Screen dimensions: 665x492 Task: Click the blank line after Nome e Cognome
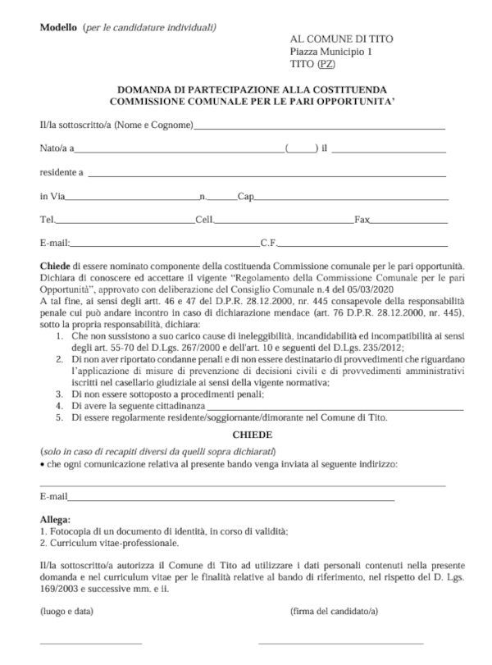[320, 128]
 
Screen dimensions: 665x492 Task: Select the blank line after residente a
[266, 174]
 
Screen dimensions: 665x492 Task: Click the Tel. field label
[48, 220]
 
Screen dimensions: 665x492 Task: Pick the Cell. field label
[203, 220]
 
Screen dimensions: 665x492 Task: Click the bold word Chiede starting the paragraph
[55, 266]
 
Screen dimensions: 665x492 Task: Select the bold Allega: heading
[55, 520]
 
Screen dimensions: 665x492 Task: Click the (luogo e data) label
[66, 612]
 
